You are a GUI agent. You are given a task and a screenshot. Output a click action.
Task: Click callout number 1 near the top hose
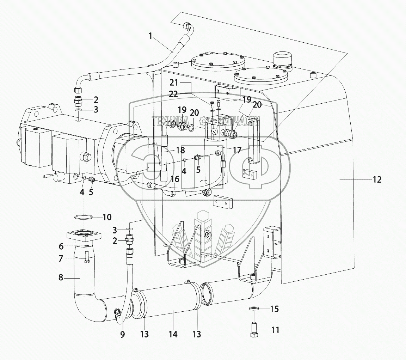[x=150, y=36]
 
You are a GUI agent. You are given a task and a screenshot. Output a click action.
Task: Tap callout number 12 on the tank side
[x=377, y=179]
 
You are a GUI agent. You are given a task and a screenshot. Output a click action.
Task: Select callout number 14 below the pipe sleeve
[x=173, y=334]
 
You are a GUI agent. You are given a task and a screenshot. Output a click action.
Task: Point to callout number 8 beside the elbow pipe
[x=61, y=277]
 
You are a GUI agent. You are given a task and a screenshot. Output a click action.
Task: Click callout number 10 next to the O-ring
[x=107, y=217]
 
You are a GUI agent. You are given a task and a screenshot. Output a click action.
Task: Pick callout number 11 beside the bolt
[x=275, y=330]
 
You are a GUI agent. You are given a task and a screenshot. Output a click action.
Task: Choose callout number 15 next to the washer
[x=274, y=309]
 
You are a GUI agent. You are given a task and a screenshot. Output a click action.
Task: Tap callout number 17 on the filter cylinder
[x=237, y=150]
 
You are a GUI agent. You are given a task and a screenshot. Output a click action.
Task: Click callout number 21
[x=174, y=83]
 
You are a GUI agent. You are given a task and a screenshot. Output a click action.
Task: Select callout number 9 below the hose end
[x=123, y=334]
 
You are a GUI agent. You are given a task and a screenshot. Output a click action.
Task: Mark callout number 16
[x=175, y=179]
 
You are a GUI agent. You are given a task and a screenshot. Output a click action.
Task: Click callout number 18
[x=180, y=150]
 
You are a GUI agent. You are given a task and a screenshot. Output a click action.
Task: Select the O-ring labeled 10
[x=84, y=217]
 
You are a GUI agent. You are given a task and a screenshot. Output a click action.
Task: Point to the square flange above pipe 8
[x=84, y=236]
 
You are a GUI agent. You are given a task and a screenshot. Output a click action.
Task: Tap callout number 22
[x=174, y=94]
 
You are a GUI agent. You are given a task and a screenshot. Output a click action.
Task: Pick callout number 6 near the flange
[x=61, y=246]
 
